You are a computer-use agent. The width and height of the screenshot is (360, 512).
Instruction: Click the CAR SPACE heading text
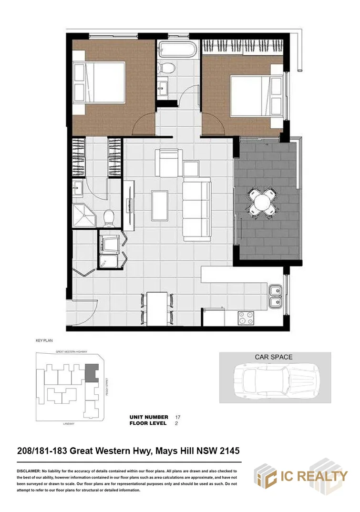[274, 357]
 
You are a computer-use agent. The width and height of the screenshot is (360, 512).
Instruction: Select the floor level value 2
[176, 423]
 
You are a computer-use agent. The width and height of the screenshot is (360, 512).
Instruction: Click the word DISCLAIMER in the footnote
[29, 471]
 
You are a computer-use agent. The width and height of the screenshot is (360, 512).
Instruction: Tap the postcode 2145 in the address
[228, 451]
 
